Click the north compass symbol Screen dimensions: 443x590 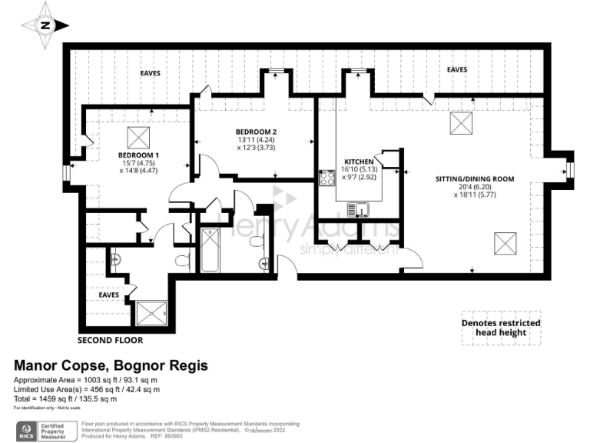(45, 25)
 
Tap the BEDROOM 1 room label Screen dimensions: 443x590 (136, 153)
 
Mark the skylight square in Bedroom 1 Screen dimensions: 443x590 (139, 136)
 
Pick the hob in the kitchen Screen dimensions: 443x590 (326, 178)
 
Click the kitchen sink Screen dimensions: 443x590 (358, 208)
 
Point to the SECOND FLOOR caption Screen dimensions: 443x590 (110, 339)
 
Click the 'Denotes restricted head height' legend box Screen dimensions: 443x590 (501, 328)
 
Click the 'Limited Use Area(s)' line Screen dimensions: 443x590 (87, 390)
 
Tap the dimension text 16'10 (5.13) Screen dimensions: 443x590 (358, 168)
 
